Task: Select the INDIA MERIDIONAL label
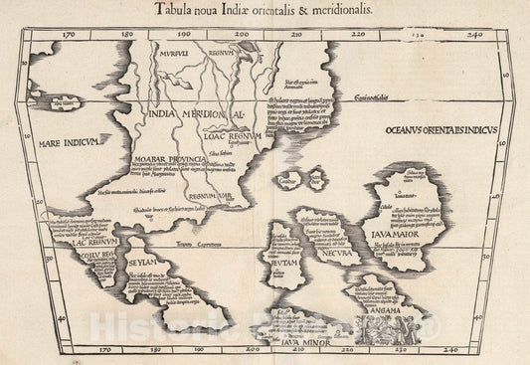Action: coord(199,111)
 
